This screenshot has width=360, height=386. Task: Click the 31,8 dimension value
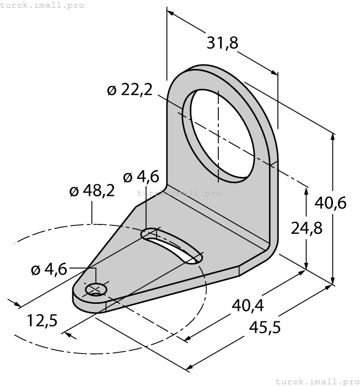tap(222, 42)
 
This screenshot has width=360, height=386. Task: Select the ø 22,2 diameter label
tap(130, 90)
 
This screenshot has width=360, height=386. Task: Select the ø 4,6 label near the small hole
tap(49, 269)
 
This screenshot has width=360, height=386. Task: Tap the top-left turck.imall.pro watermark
tap(42, 5)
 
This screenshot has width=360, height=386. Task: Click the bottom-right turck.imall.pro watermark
tap(317, 381)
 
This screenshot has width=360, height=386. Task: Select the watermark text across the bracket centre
tap(179, 193)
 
